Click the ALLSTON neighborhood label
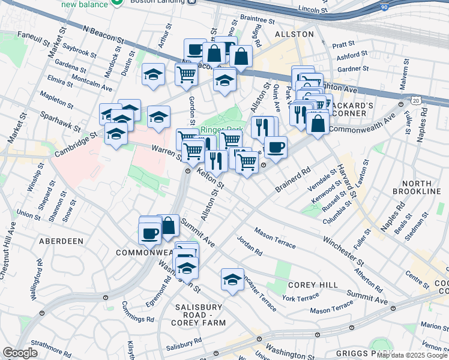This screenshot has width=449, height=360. [294, 34]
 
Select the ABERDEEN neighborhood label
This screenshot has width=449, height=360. [61, 241]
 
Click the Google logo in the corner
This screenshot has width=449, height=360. [20, 353]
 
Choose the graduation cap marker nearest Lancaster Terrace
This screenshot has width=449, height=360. [232, 279]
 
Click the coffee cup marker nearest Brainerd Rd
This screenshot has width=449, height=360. [276, 147]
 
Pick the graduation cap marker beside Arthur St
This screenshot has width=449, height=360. [154, 74]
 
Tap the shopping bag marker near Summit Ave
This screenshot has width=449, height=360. [169, 226]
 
